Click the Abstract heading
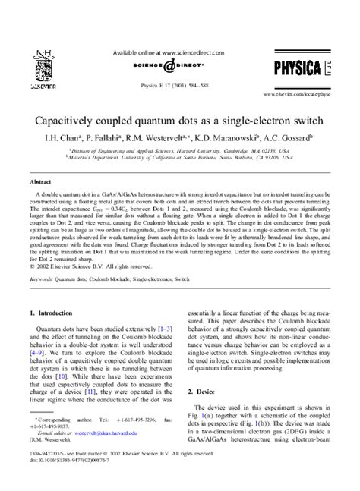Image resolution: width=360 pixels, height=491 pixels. point(41,183)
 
